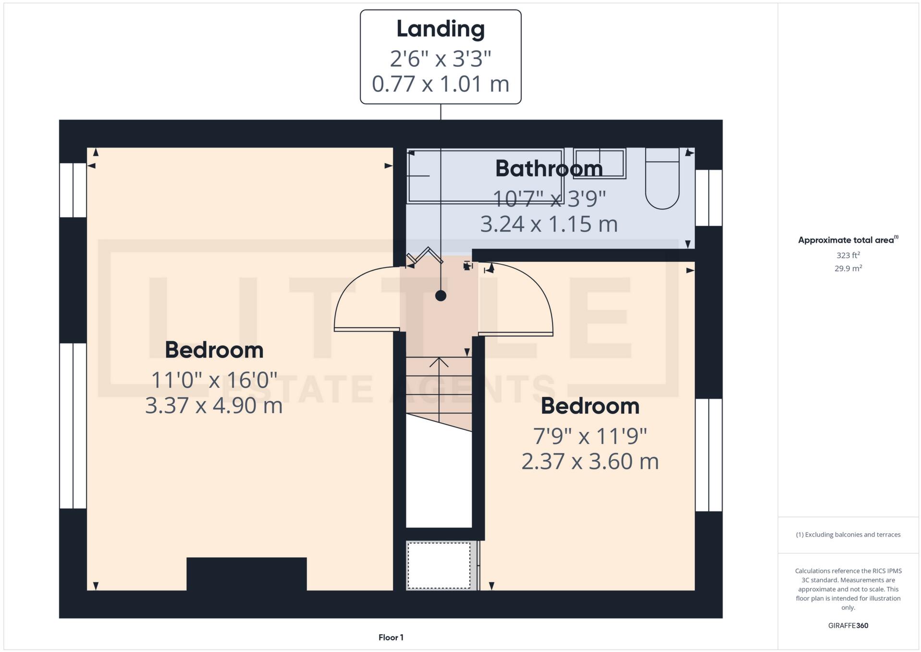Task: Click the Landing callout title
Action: click(x=440, y=29)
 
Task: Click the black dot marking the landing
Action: click(x=441, y=295)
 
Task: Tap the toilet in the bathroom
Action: click(x=662, y=179)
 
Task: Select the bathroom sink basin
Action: click(x=600, y=163)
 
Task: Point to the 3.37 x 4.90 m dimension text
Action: click(x=214, y=406)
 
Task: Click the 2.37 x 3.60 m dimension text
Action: click(x=590, y=462)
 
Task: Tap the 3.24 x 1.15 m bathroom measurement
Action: click(x=549, y=224)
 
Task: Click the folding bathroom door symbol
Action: click(x=425, y=256)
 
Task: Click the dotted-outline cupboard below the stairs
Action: click(x=439, y=565)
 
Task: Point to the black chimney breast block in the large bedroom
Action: click(x=246, y=574)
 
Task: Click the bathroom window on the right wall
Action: click(x=709, y=197)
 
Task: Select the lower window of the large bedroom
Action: click(x=73, y=426)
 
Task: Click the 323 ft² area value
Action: click(x=848, y=255)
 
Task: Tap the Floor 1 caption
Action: click(x=391, y=638)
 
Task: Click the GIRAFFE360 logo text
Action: click(x=848, y=626)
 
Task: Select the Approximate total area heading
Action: click(x=847, y=240)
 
